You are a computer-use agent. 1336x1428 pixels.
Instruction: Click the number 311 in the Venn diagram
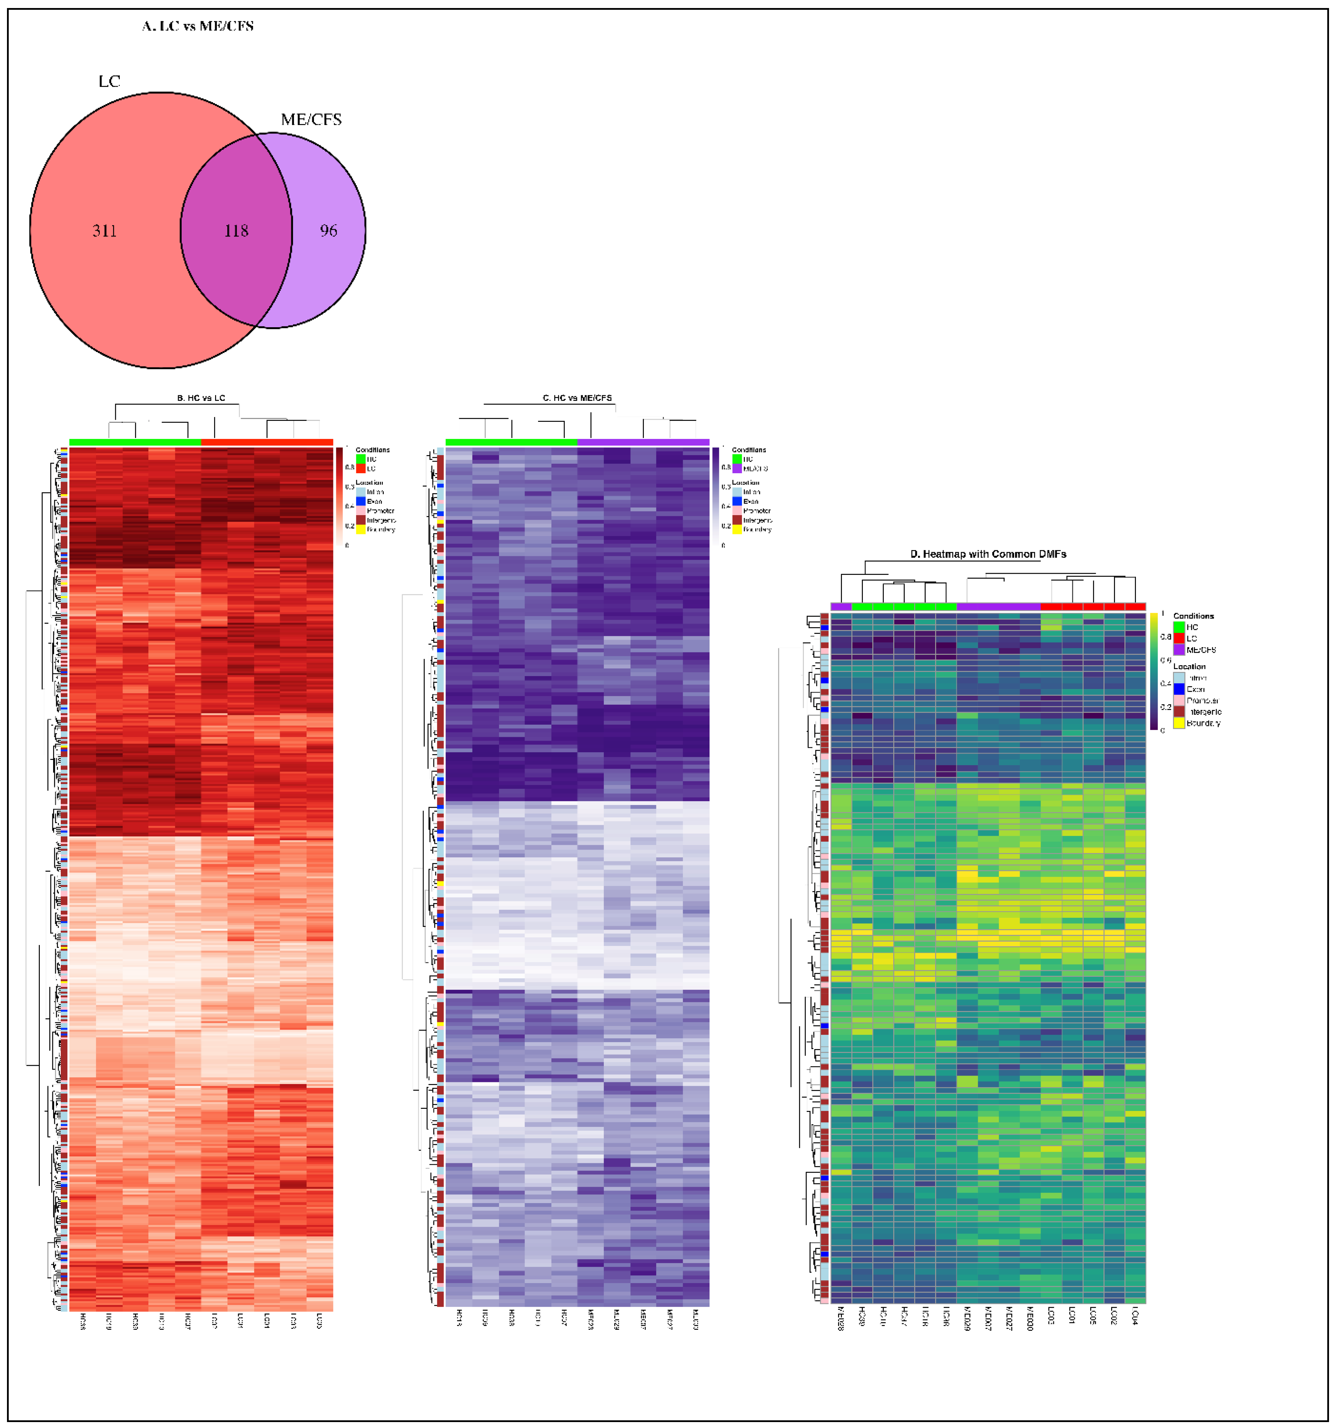(x=104, y=230)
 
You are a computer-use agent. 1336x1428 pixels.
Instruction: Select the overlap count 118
(x=236, y=230)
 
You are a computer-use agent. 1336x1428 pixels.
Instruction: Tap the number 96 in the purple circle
(x=328, y=230)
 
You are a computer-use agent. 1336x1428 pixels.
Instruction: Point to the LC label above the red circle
(x=109, y=81)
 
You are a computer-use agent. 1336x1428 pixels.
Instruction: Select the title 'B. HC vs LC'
(x=201, y=398)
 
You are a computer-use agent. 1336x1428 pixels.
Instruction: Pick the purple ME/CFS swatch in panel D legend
(x=1179, y=649)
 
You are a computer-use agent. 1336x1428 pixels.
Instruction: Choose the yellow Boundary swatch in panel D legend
(x=1179, y=723)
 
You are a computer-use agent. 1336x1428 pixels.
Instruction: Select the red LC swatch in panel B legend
(x=361, y=468)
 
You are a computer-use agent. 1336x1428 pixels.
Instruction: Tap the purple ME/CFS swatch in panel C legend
(x=737, y=468)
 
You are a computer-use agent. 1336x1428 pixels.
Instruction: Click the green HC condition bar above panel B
(x=135, y=442)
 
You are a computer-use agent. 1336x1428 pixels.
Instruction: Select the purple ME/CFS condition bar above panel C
(x=643, y=442)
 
